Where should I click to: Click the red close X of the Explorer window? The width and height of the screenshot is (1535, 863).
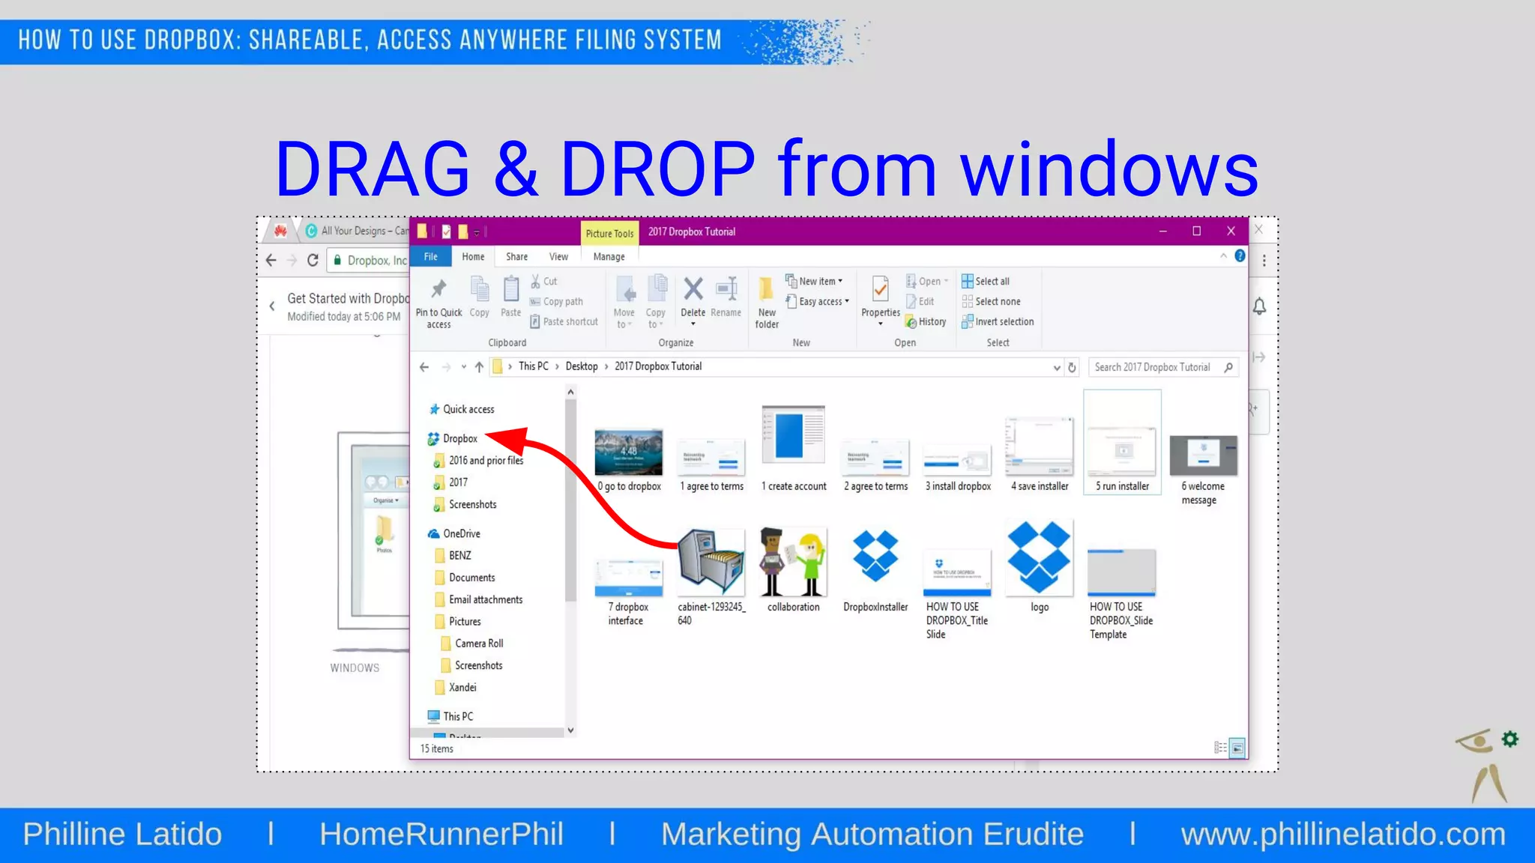(x=1231, y=231)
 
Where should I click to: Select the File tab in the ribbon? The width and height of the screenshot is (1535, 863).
(x=431, y=257)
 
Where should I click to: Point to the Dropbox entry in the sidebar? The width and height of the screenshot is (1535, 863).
(x=459, y=439)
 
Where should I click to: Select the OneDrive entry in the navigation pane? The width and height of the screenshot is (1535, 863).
(x=461, y=534)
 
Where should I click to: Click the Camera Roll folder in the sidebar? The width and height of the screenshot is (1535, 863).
(x=479, y=644)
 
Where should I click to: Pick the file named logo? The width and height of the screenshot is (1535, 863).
(x=1039, y=559)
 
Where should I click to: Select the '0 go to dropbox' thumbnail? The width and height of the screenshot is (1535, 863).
(x=629, y=453)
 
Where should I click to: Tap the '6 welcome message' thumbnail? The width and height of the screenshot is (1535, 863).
(x=1203, y=457)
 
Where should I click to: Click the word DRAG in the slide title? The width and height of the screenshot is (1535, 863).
(x=373, y=169)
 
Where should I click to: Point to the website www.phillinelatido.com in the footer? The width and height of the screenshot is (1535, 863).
(x=1343, y=835)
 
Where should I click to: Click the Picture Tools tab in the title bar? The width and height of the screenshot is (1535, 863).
(x=609, y=234)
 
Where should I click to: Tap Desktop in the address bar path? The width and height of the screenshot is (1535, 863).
(x=582, y=366)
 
